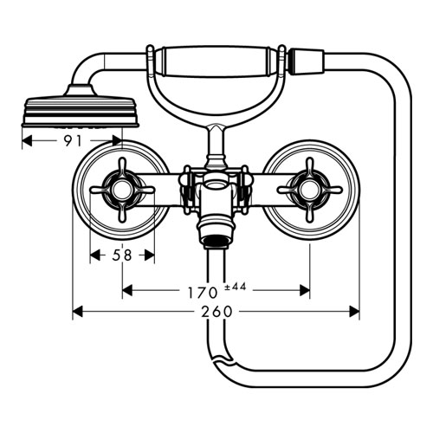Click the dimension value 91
[73, 140]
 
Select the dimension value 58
[122, 255]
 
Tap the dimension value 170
[203, 293]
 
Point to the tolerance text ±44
[236, 287]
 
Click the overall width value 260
[216, 312]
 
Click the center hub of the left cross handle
[122, 190]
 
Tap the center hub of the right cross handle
[310, 190]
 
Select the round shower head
[81, 111]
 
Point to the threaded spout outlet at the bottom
[216, 241]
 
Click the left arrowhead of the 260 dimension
[77, 312]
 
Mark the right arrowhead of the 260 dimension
[354, 312]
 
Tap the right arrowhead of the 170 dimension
[305, 290]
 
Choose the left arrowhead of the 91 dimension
[27, 141]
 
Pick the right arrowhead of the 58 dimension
[150, 255]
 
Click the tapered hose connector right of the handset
[307, 61]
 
